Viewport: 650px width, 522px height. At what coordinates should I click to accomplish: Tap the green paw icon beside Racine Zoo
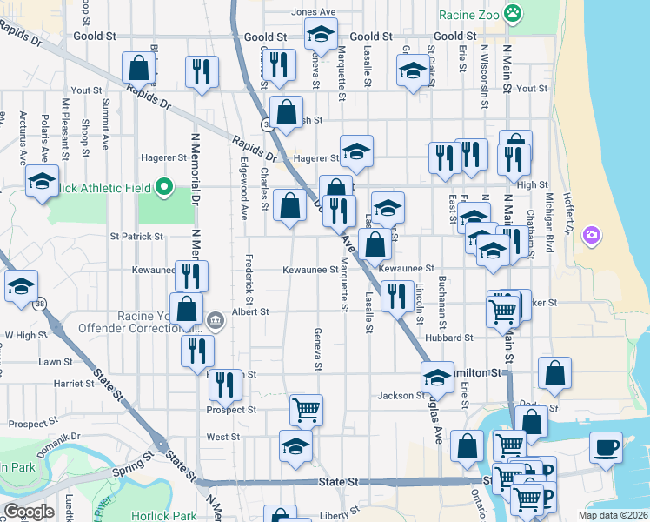pyautogui.click(x=514, y=12)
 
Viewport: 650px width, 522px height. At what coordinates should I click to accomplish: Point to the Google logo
pyautogui.click(x=29, y=512)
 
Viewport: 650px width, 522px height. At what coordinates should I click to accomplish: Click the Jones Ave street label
pyautogui.click(x=314, y=12)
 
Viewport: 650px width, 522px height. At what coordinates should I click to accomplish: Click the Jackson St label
pyautogui.click(x=400, y=396)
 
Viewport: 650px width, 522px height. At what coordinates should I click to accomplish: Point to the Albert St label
pyautogui.click(x=250, y=311)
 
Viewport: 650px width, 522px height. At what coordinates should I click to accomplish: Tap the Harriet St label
pyautogui.click(x=73, y=383)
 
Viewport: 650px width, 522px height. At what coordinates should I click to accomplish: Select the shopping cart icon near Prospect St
pyautogui.click(x=306, y=409)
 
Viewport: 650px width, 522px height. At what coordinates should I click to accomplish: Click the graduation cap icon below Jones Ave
pyautogui.click(x=321, y=35)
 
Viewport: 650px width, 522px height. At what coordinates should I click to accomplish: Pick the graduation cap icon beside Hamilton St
pyautogui.click(x=437, y=377)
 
